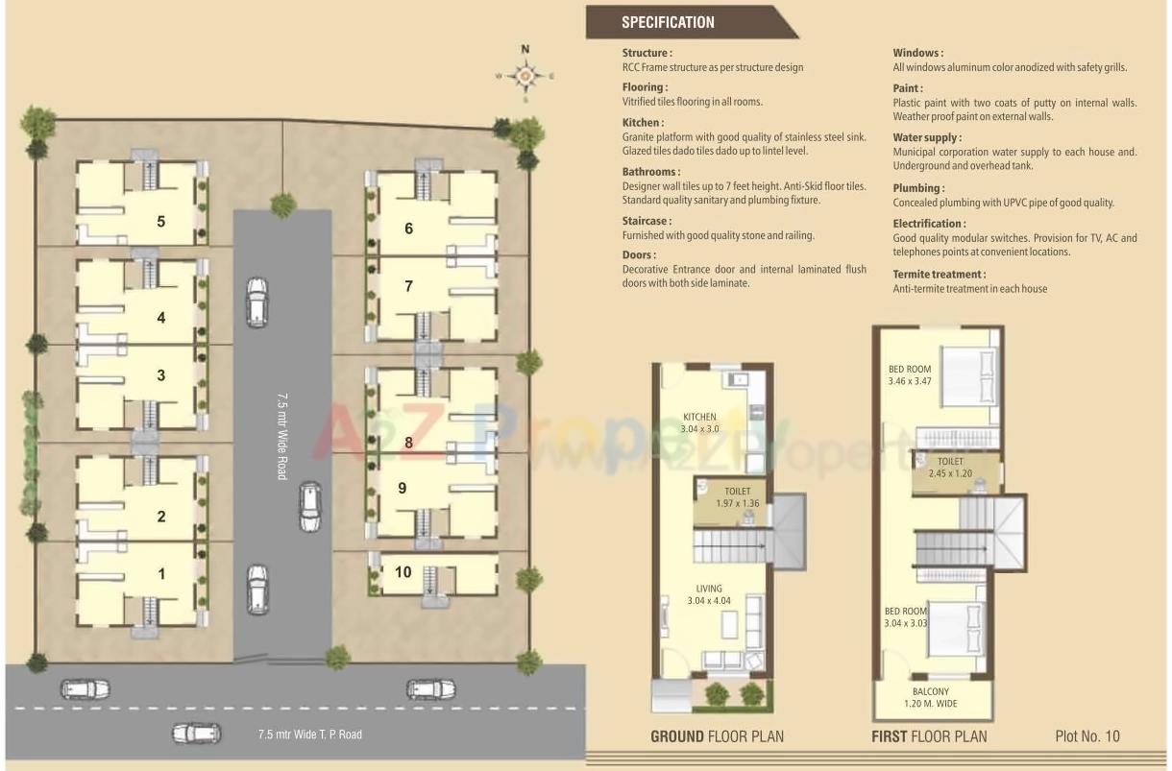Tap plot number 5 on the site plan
(x=160, y=222)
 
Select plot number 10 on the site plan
(x=403, y=572)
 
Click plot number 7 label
(x=408, y=286)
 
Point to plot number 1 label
(x=161, y=574)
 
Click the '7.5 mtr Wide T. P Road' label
(x=309, y=735)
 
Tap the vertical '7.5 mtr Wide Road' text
(x=282, y=435)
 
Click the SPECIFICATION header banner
(x=669, y=22)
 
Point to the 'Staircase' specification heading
(x=646, y=221)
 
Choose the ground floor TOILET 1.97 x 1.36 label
(x=738, y=497)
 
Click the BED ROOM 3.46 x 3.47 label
(x=909, y=374)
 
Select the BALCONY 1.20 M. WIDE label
(x=930, y=697)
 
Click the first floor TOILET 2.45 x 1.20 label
(x=951, y=468)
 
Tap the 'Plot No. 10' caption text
(x=1087, y=736)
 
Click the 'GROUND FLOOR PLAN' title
(x=717, y=736)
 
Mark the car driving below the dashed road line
(x=196, y=734)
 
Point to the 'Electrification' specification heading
(x=929, y=224)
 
